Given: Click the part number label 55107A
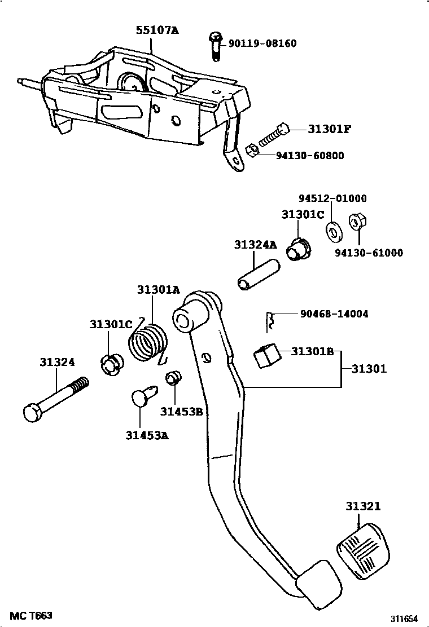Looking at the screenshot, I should coord(156,31).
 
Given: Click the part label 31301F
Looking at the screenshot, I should coord(330,129).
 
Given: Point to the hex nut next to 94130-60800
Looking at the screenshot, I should coord(253,151).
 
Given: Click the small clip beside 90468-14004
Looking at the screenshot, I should coord(270,320).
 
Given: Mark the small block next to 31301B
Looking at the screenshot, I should coord(266,356).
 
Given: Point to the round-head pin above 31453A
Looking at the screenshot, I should coord(143,397).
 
